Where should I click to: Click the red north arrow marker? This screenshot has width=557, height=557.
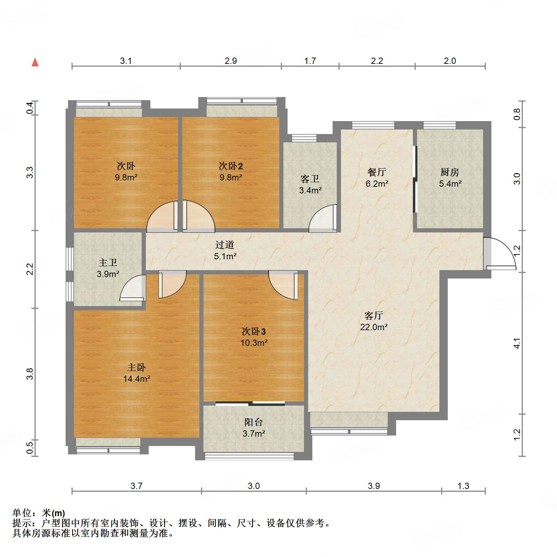[35, 62]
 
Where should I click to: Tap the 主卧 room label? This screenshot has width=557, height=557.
[136, 367]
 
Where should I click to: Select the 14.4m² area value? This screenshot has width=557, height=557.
[136, 379]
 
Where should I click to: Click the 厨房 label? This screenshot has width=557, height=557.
[450, 172]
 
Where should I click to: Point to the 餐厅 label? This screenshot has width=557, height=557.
[377, 172]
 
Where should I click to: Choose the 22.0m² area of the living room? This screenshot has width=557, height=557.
[374, 327]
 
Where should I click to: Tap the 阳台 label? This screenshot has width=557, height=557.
[254, 422]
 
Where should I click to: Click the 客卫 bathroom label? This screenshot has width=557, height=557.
[310, 179]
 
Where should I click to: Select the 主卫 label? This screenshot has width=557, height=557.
[108, 262]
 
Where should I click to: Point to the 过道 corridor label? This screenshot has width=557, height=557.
[225, 245]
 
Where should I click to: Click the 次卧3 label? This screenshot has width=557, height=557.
[254, 331]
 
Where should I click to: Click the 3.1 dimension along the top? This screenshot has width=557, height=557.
[126, 61]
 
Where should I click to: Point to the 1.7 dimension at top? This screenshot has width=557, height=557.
[310, 61]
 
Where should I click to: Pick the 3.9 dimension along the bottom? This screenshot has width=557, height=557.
[374, 486]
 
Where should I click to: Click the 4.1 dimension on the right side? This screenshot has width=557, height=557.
[517, 343]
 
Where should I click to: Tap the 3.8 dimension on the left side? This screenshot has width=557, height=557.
[30, 374]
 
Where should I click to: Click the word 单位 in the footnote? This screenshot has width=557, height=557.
[22, 513]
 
